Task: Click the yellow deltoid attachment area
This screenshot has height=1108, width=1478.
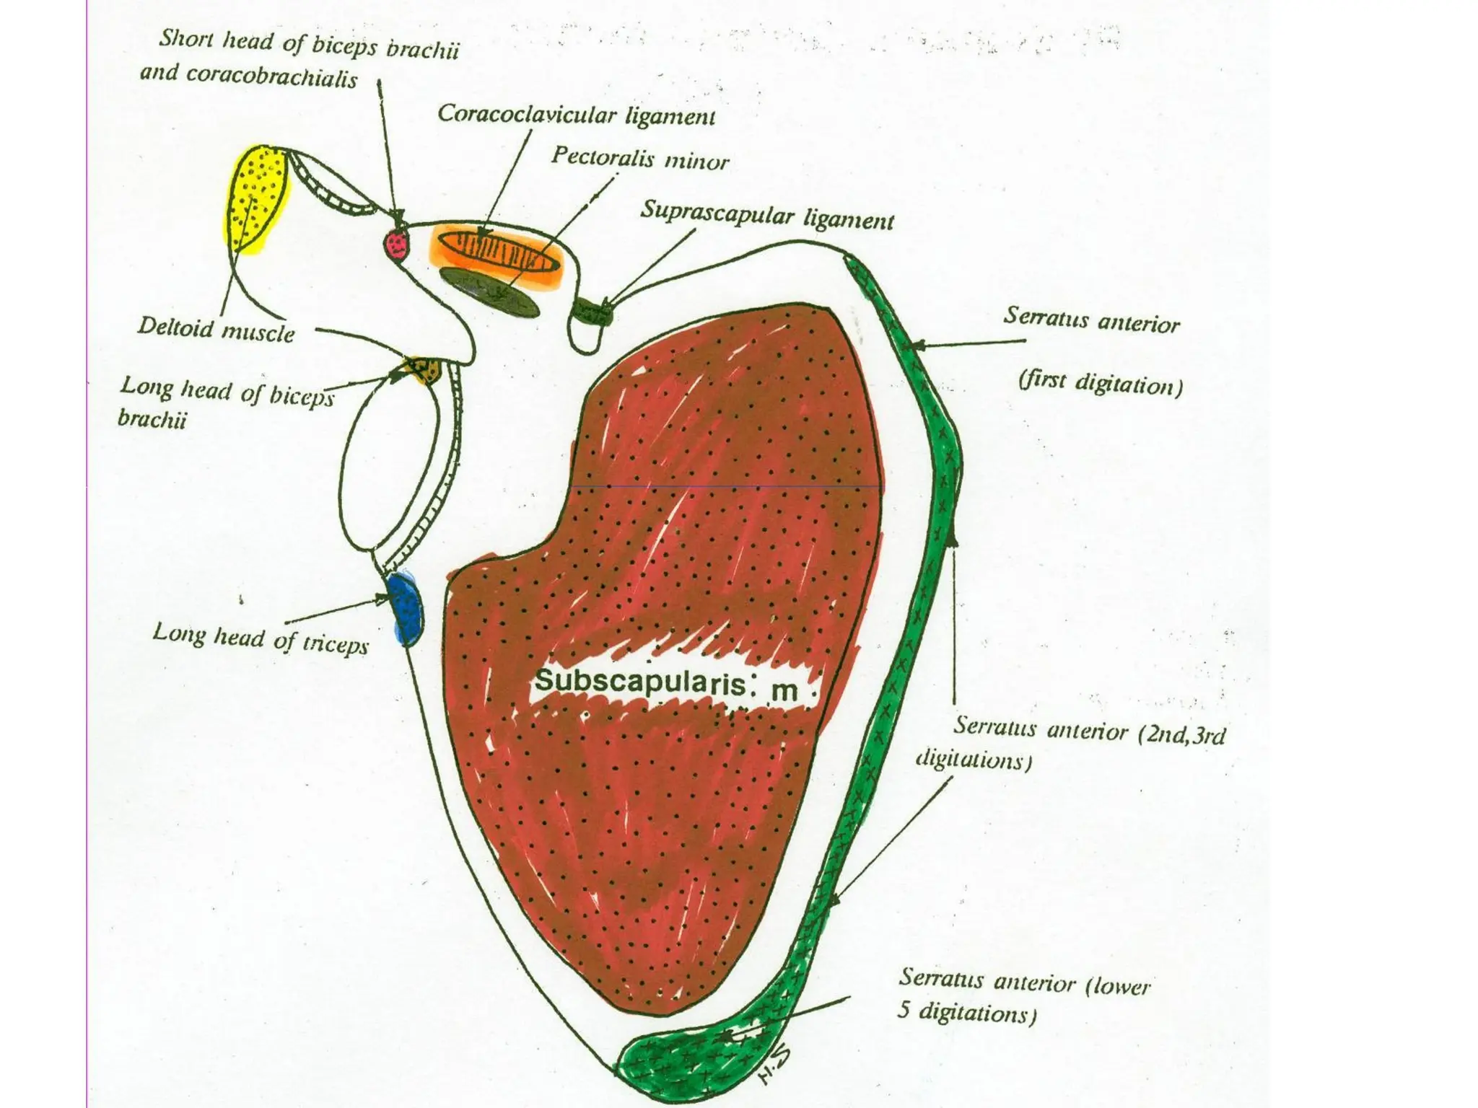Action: (256, 198)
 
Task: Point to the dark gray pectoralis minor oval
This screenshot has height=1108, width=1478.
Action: (491, 291)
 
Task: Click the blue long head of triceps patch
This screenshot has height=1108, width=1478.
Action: (405, 606)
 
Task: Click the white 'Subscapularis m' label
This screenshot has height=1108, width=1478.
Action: (668, 685)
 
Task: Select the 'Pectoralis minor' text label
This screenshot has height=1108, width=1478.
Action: (640, 159)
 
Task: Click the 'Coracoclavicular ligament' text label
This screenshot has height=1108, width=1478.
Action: (576, 115)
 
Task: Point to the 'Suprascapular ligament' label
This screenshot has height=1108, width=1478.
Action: (767, 214)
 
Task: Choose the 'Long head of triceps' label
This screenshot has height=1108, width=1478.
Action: (261, 638)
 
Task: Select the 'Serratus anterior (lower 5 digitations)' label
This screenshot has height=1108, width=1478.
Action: (1023, 995)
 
